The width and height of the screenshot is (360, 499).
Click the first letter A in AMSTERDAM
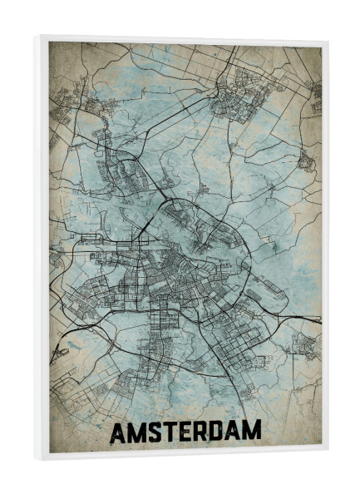[x=119, y=432]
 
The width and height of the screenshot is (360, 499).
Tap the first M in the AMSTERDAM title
[x=138, y=432]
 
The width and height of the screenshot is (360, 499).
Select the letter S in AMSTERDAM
[x=155, y=432]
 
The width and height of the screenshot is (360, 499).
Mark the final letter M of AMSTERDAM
[x=252, y=432]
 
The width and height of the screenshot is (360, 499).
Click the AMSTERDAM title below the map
[x=185, y=432]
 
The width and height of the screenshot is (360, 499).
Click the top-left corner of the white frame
[x=36, y=36]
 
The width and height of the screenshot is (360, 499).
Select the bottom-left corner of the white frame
[x=36, y=459]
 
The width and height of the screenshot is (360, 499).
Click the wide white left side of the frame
[x=41, y=249]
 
